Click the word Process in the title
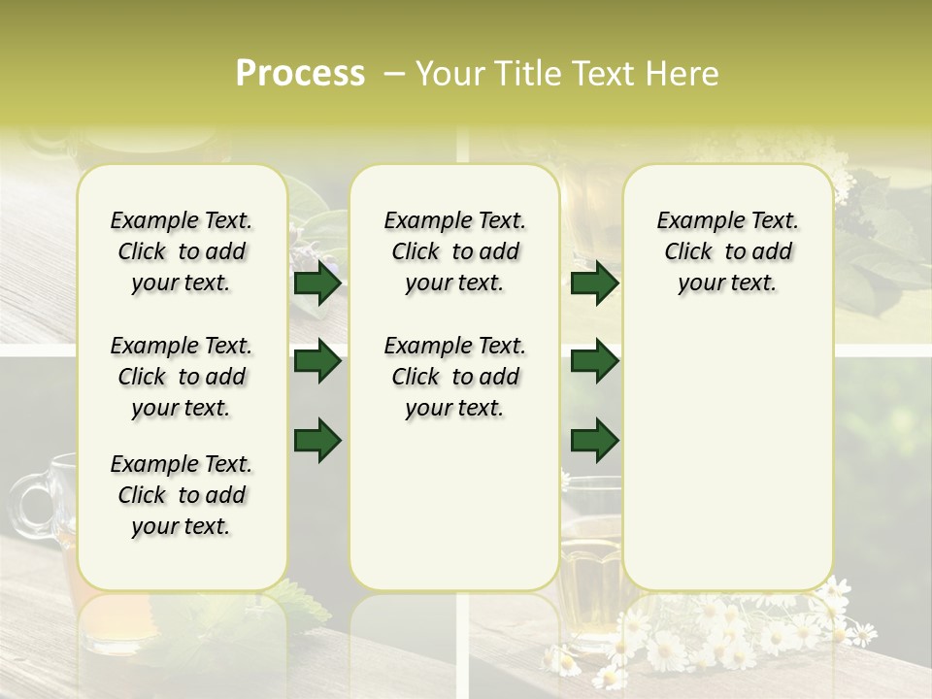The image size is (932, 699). [x=299, y=74]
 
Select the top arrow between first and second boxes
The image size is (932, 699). [x=317, y=283]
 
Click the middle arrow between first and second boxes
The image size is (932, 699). [x=317, y=361]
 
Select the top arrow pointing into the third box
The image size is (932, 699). [x=594, y=283]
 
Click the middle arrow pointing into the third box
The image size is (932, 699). [x=594, y=361]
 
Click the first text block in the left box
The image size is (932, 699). [x=182, y=251]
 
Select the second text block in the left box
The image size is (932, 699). [x=182, y=377]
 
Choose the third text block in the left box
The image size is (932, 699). [x=182, y=495]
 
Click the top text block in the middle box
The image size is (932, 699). [x=454, y=251]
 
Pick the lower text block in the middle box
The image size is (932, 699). [x=454, y=377]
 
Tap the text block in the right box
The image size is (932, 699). [x=727, y=251]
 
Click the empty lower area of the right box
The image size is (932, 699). [x=727, y=466]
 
